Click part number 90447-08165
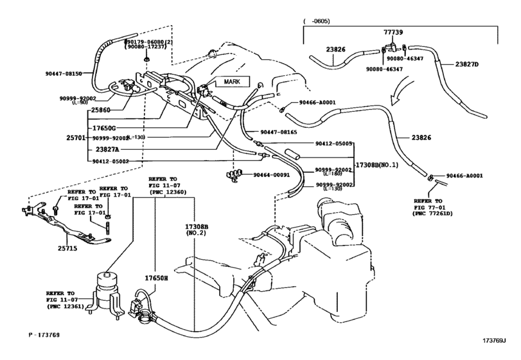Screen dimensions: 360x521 pos(279,132)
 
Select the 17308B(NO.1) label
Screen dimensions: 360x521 pos(378,165)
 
